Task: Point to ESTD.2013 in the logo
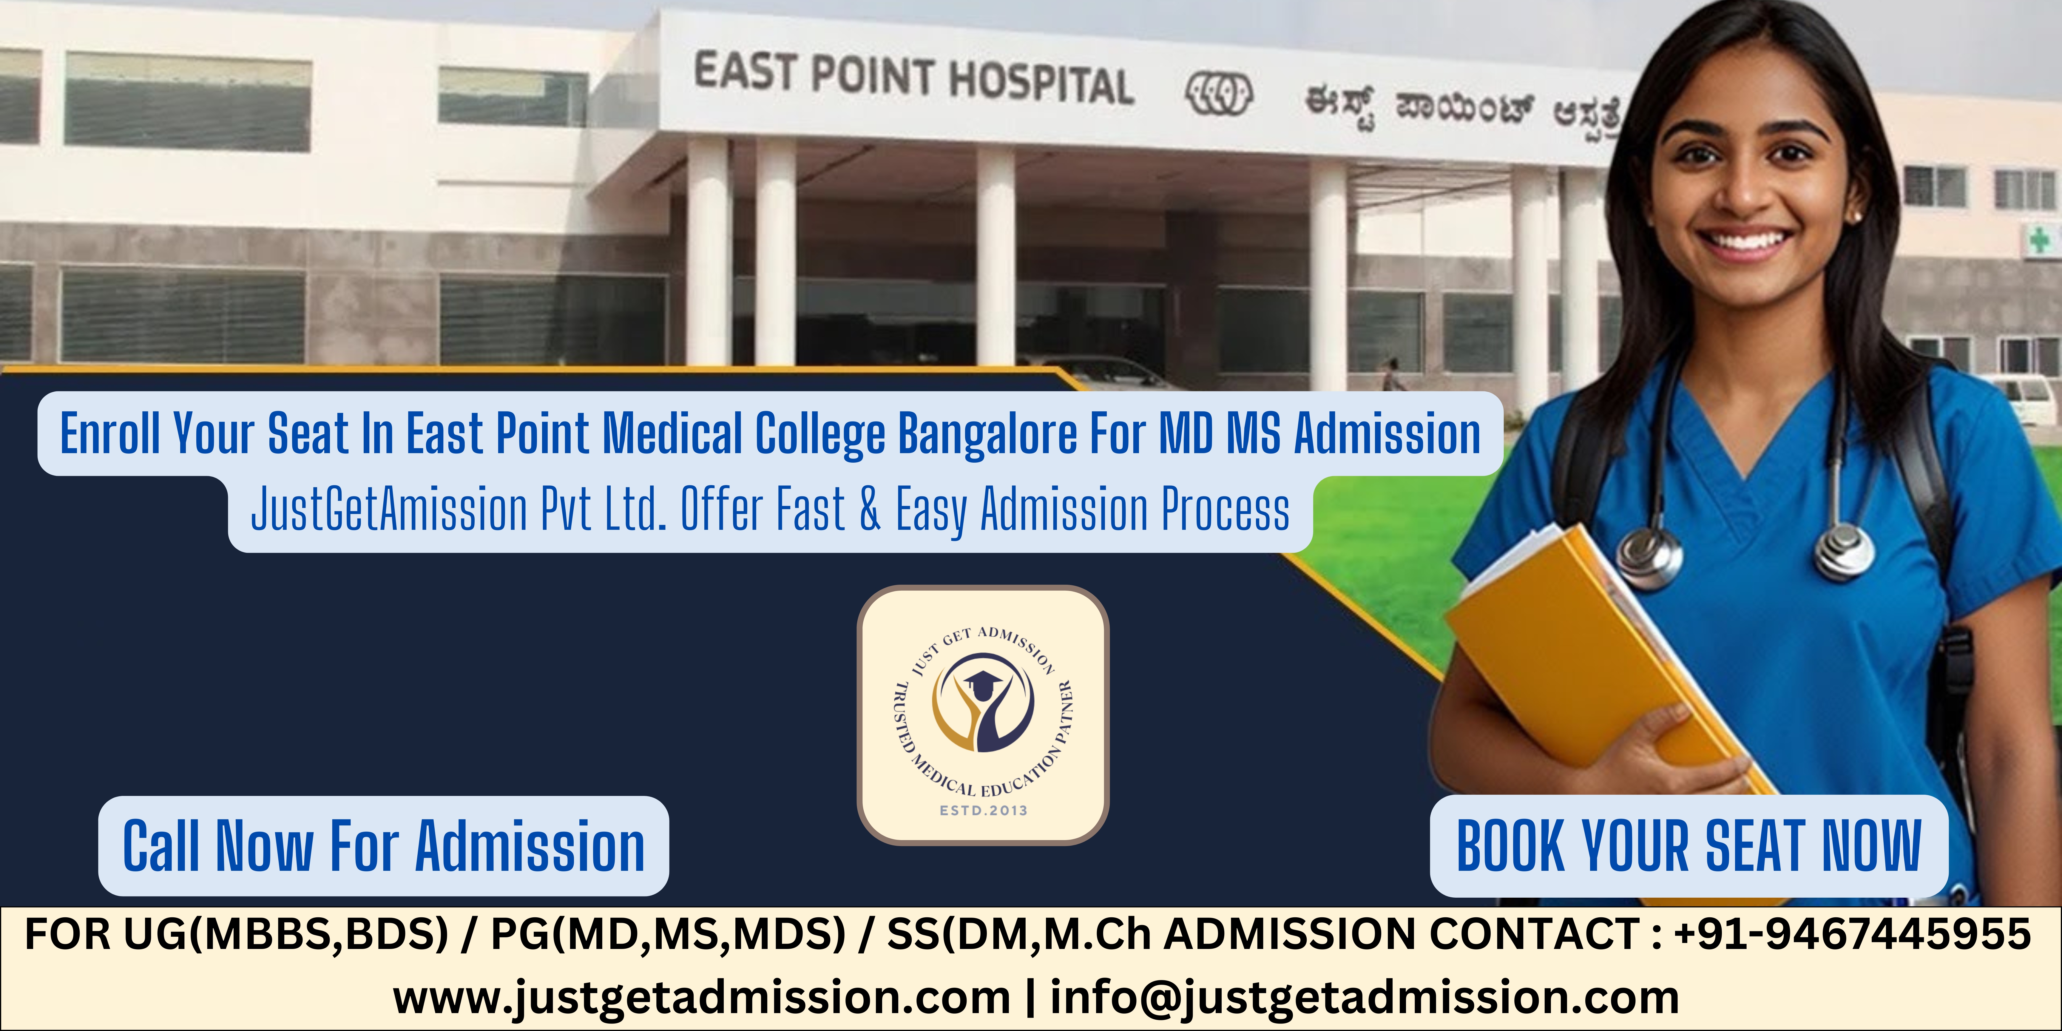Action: pos(983,810)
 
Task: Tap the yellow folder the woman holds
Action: pos(1593,656)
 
